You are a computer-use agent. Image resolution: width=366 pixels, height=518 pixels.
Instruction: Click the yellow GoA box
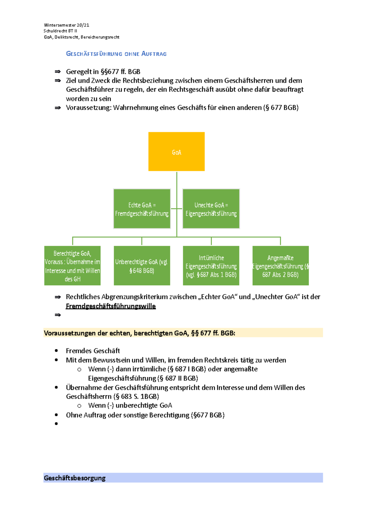(176, 152)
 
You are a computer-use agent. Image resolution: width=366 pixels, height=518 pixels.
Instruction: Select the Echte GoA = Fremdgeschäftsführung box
(142, 209)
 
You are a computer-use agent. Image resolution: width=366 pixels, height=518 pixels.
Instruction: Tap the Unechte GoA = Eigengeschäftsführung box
(211, 209)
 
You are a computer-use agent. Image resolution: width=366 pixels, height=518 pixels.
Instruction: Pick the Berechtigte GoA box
(72, 266)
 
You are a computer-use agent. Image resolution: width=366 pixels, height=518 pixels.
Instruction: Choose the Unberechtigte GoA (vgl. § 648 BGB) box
(142, 266)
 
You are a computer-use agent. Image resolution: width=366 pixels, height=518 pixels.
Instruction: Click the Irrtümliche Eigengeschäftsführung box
(211, 266)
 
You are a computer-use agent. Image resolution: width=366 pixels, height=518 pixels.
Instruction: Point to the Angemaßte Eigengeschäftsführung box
(281, 266)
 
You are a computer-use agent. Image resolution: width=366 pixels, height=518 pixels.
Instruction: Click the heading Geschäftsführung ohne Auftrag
(116, 54)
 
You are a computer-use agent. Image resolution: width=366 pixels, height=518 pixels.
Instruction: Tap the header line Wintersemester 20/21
(66, 25)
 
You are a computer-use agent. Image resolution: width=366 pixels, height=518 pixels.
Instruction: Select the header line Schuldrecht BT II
(60, 31)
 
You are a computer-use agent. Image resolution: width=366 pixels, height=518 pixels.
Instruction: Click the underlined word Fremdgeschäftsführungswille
(111, 306)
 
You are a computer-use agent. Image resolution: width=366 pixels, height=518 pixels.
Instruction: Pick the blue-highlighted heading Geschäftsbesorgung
(75, 478)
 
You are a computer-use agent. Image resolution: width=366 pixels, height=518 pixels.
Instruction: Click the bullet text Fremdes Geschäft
(93, 351)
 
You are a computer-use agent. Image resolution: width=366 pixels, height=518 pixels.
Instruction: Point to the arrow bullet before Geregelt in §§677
(58, 72)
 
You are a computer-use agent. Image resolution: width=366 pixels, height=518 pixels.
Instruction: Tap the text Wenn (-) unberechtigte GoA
(130, 405)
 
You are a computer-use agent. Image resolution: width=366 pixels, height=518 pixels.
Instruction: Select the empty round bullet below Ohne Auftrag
(56, 424)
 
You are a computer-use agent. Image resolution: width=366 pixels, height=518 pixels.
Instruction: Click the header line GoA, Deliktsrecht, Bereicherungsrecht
(81, 37)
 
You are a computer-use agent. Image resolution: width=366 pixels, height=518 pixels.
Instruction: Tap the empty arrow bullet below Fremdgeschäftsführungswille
(58, 315)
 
